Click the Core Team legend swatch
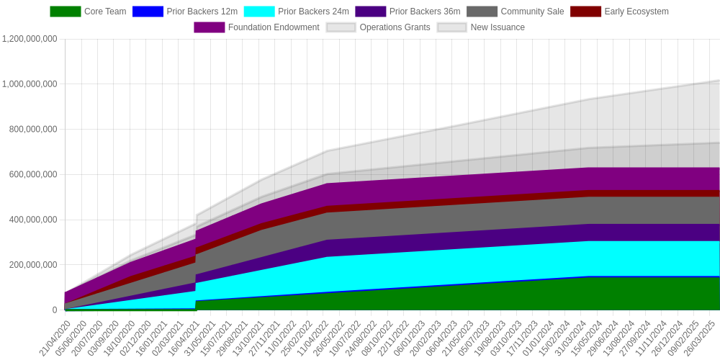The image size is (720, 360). [x=66, y=12]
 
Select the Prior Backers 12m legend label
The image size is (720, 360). [x=202, y=12]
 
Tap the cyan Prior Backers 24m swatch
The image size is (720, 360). [x=259, y=12]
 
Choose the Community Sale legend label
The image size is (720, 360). [x=532, y=12]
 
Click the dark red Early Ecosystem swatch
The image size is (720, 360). [x=585, y=12]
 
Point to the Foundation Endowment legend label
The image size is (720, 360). [x=274, y=27]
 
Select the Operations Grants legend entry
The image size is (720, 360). [x=379, y=27]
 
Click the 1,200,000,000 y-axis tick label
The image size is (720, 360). [x=30, y=39]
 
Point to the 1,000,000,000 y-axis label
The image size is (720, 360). [x=30, y=84]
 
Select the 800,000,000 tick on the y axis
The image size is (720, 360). [x=34, y=130]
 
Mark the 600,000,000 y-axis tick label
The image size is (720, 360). [x=34, y=174]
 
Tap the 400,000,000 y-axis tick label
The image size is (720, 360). [x=34, y=220]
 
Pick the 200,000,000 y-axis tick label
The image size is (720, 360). [x=34, y=265]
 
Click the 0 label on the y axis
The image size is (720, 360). [x=55, y=310]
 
